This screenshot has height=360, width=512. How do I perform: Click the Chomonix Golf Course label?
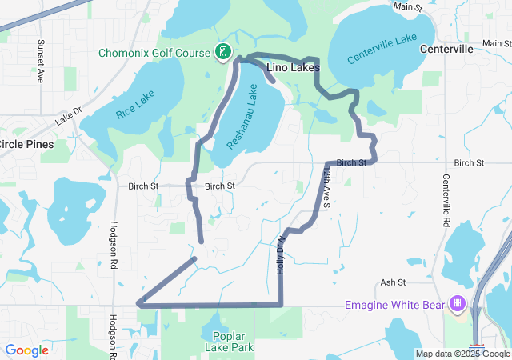[x=154, y=54]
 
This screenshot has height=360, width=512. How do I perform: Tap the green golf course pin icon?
[x=224, y=53]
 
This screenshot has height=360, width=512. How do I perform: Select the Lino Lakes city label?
[x=293, y=69]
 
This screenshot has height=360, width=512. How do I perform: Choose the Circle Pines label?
[x=26, y=145]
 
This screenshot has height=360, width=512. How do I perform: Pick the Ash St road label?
[x=394, y=282]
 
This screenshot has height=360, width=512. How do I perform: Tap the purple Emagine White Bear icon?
[x=457, y=304]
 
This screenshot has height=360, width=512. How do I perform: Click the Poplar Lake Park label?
[x=234, y=342]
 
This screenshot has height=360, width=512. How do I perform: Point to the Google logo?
[x=26, y=350]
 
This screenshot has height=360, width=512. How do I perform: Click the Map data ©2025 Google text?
[x=462, y=354]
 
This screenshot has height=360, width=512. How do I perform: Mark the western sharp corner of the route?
[x=139, y=304]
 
